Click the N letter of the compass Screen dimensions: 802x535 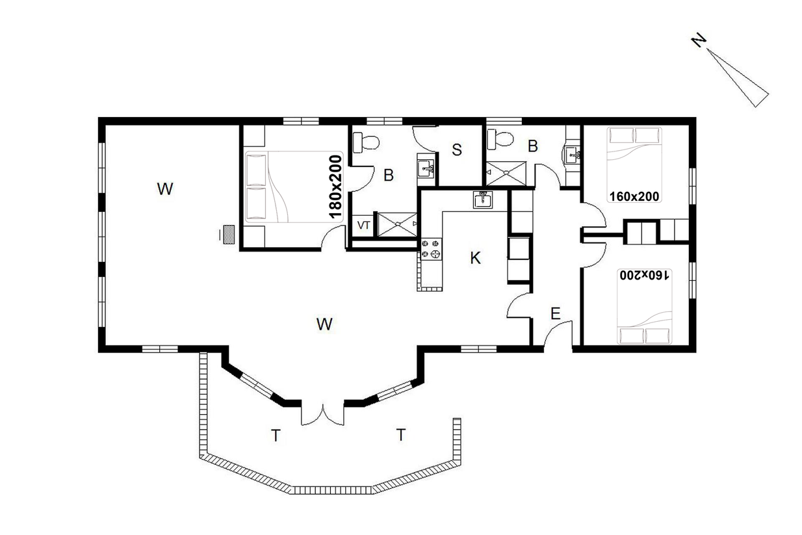pyautogui.click(x=699, y=40)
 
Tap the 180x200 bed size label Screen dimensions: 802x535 pyautogui.click(x=335, y=187)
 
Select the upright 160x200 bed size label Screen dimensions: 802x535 pyautogui.click(x=634, y=196)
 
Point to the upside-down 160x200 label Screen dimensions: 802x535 pyautogui.click(x=644, y=275)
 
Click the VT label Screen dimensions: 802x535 pyautogui.click(x=363, y=225)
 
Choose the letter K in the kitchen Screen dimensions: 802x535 pyautogui.click(x=475, y=258)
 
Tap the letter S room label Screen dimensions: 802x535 pyautogui.click(x=456, y=150)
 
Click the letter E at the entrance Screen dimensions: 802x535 pyautogui.click(x=555, y=314)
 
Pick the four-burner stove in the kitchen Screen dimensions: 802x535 pyautogui.click(x=430, y=249)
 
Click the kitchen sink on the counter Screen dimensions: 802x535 pyautogui.click(x=483, y=200)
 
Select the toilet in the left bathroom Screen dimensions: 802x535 pyautogui.click(x=366, y=142)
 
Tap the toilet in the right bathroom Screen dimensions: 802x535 pyautogui.click(x=500, y=139)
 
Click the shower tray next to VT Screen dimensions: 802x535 pyautogui.click(x=398, y=224)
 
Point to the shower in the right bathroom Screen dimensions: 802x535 pyautogui.click(x=506, y=174)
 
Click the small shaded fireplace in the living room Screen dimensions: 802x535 pyautogui.click(x=229, y=235)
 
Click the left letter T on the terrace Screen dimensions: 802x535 pyautogui.click(x=276, y=436)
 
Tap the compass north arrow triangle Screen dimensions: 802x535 pyautogui.click(x=738, y=78)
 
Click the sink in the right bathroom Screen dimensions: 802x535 pyautogui.click(x=572, y=155)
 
